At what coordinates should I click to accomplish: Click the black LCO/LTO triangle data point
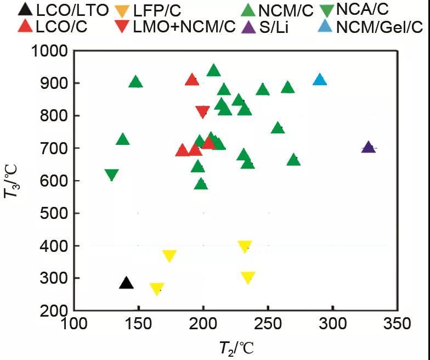pos(127,283)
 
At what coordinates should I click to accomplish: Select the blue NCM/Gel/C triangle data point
pos(320,80)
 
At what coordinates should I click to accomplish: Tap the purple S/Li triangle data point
pos(369,147)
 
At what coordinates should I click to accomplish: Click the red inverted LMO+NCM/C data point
pos(202,112)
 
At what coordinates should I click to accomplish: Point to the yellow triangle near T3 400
pos(245,246)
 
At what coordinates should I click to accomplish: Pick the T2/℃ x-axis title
pos(234,347)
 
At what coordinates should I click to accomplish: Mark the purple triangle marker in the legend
pos(248,26)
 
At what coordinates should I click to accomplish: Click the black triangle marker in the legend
pos(24,9)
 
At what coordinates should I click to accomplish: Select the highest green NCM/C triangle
pos(214,70)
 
